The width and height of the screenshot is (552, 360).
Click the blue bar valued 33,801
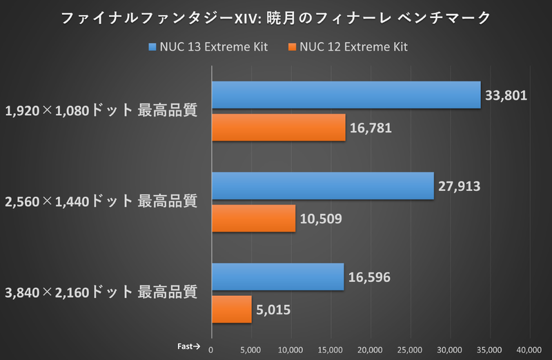[x=346, y=95]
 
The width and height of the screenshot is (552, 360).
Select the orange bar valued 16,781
[x=278, y=128]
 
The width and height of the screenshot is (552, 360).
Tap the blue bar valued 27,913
[x=322, y=186]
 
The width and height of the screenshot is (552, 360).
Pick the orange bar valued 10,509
[x=253, y=219]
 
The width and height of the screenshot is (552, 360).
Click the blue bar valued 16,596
[x=277, y=277]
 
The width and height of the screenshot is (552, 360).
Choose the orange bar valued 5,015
[x=231, y=309]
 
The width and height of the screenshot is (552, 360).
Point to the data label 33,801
[x=506, y=95]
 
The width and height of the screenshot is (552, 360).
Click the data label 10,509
[x=321, y=219]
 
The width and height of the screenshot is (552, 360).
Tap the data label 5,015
[x=274, y=309]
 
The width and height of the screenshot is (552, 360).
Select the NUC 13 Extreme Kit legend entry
[x=208, y=47]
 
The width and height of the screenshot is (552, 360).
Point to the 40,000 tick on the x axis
[x=530, y=348]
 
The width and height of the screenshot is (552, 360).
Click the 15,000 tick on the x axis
[x=331, y=348]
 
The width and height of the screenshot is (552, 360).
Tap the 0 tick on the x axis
[x=211, y=348]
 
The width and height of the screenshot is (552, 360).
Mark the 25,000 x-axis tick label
[x=411, y=348]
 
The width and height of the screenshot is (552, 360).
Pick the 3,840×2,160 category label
[x=101, y=292]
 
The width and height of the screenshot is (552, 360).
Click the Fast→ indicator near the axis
[x=188, y=347]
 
